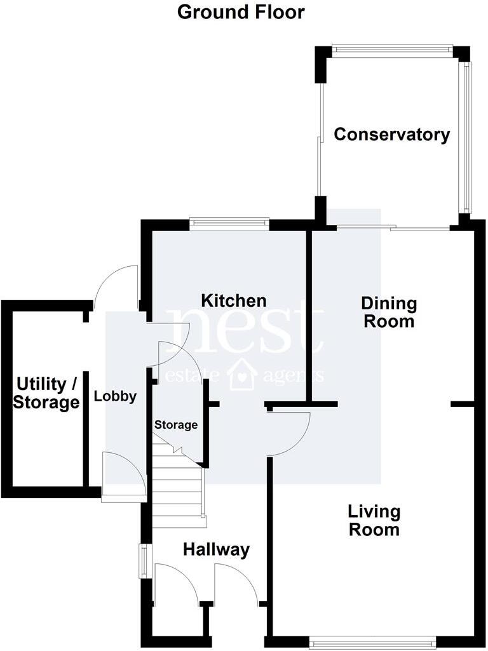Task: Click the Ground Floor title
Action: tap(241, 12)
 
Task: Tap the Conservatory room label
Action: tap(391, 135)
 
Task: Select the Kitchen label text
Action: tap(234, 300)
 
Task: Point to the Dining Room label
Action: tap(389, 312)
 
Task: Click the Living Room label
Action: tap(374, 520)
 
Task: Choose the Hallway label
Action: tap(216, 550)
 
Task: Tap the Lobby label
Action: tap(115, 396)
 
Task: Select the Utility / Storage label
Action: tap(47, 393)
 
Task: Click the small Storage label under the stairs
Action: tap(176, 425)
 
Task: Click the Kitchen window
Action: tap(229, 223)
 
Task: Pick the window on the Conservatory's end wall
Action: tap(391, 50)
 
